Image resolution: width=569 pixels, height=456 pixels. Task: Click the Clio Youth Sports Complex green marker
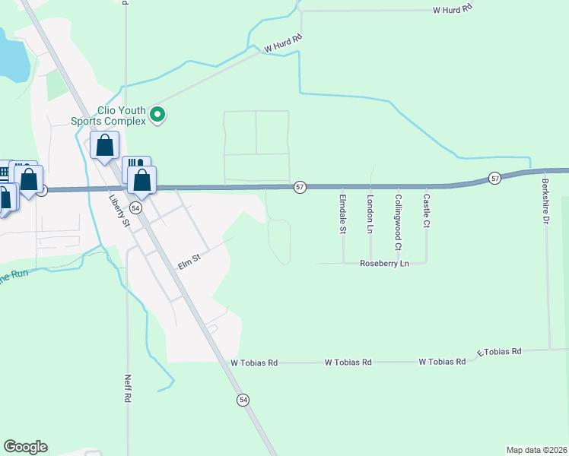pyautogui.click(x=157, y=115)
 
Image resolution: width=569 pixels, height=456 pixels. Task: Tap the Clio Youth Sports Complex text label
pyautogui.click(x=107, y=116)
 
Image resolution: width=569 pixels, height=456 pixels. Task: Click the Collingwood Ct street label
pyautogui.click(x=397, y=222)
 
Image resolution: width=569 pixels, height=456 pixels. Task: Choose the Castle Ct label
pyautogui.click(x=426, y=211)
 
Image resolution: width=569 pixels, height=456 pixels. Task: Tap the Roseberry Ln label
pyautogui.click(x=385, y=263)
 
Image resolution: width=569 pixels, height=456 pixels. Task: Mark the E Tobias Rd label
pyautogui.click(x=499, y=352)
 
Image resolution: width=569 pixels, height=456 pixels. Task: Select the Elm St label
pyautogui.click(x=189, y=262)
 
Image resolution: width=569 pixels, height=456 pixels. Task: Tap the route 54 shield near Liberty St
pyautogui.click(x=135, y=207)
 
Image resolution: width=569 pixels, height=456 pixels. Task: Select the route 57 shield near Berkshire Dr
pyautogui.click(x=495, y=178)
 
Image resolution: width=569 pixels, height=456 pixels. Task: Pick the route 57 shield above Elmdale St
pyautogui.click(x=300, y=187)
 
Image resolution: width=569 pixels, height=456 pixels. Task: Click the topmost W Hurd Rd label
pyautogui.click(x=453, y=9)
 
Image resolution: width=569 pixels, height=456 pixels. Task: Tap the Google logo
pyautogui.click(x=25, y=447)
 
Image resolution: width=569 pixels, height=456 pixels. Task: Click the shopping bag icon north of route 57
pyautogui.click(x=105, y=144)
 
